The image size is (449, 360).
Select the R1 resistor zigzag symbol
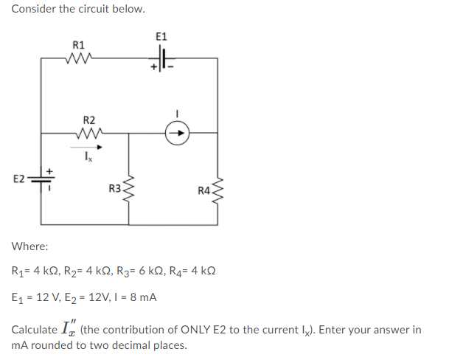pyautogui.click(x=77, y=58)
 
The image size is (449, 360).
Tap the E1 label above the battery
pyautogui.click(x=162, y=37)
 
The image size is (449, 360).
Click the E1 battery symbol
pyautogui.click(x=162, y=59)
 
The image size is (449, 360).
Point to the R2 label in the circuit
pyautogui.click(x=88, y=120)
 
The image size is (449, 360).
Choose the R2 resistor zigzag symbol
pyautogui.click(x=88, y=134)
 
